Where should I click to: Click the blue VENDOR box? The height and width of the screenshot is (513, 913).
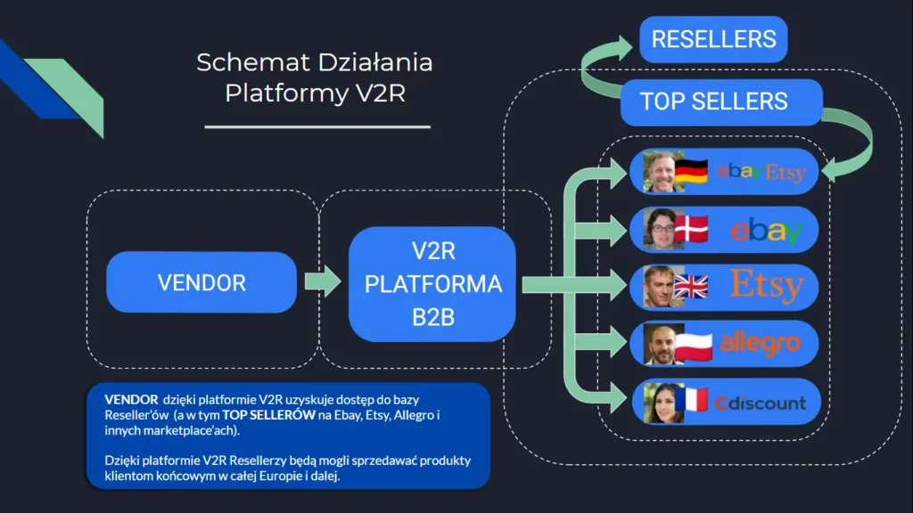pyautogui.click(x=201, y=282)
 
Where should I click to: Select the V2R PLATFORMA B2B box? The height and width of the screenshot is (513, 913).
pyautogui.click(x=432, y=284)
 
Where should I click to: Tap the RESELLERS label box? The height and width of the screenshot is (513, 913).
pyautogui.click(x=713, y=40)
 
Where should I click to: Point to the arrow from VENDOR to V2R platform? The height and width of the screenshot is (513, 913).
pyautogui.click(x=322, y=282)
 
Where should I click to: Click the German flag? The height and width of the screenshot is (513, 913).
pyautogui.click(x=691, y=171)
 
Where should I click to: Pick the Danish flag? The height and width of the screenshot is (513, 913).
pyautogui.click(x=691, y=229)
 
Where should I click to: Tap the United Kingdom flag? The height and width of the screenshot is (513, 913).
pyautogui.click(x=691, y=286)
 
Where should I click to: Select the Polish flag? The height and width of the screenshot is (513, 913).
pyautogui.click(x=693, y=344)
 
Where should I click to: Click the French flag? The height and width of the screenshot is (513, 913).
pyautogui.click(x=691, y=401)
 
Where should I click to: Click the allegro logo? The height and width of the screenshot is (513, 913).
pyautogui.click(x=761, y=343)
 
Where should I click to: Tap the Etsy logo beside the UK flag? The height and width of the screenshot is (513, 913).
pyautogui.click(x=767, y=286)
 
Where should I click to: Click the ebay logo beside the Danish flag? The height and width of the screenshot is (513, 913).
pyautogui.click(x=767, y=231)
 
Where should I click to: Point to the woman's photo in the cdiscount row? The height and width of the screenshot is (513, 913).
pyautogui.click(x=662, y=402)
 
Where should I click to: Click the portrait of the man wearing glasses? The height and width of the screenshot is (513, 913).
pyautogui.click(x=662, y=229)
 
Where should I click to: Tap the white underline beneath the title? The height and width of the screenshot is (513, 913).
pyautogui.click(x=317, y=126)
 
